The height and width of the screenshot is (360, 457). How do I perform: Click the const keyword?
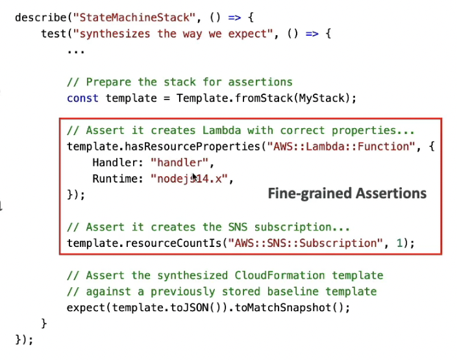click(x=82, y=98)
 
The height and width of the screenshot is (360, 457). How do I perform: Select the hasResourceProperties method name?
click(x=188, y=147)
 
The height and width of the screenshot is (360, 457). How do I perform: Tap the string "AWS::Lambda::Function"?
click(x=340, y=147)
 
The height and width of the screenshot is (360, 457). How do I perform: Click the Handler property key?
click(x=117, y=162)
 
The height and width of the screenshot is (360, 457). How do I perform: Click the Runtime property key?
click(x=117, y=179)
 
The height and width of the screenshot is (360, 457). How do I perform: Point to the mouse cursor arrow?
click(x=195, y=177)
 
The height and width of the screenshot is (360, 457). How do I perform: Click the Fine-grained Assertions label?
click(x=347, y=193)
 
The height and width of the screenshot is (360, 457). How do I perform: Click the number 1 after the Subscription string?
click(x=401, y=244)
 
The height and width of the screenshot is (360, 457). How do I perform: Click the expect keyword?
click(x=85, y=307)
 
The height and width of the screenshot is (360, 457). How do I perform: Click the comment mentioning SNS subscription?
click(x=208, y=227)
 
